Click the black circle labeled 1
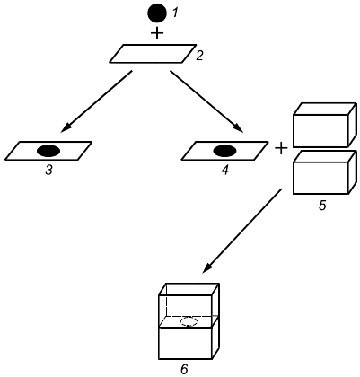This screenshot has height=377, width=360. tap(157, 13)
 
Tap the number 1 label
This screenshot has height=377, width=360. tap(175, 13)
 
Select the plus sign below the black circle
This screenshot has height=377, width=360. tap(157, 33)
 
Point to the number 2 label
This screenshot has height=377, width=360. tap(199, 56)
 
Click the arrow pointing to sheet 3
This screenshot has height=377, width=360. tap(96, 101)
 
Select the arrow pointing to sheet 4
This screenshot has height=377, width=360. tap(206, 101)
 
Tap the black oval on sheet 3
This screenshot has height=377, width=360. tap(48, 151)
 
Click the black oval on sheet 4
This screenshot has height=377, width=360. tap(224, 151)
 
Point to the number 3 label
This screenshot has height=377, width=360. tap(48, 171)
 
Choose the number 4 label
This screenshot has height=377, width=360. tap(225, 171)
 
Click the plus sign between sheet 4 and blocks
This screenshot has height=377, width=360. tap(281, 148)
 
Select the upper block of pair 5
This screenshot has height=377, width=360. tap(325, 125)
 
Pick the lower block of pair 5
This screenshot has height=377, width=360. tap(325, 172)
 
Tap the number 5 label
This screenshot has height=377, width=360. tap(322, 206)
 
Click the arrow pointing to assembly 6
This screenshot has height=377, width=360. tap(242, 231)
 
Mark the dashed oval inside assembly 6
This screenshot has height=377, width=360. tap(189, 321)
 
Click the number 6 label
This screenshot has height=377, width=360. tap(184, 370)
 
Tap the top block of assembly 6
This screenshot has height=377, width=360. tap(189, 305)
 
